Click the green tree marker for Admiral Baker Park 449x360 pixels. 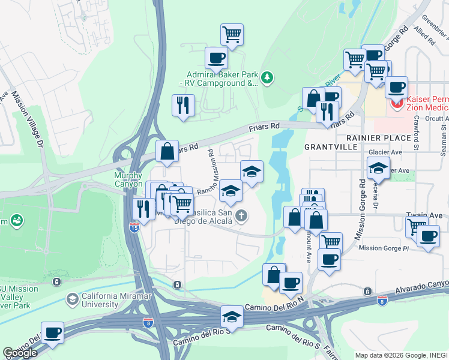[x=267, y=77]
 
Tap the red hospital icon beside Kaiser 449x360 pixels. [x=397, y=104]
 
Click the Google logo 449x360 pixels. [x=20, y=353]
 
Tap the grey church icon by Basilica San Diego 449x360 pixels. [x=241, y=215]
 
